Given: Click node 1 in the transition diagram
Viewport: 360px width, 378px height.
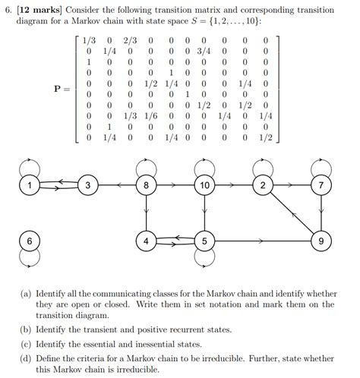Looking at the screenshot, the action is (x=30, y=184).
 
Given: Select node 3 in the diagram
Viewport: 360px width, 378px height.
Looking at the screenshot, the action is (x=88, y=184).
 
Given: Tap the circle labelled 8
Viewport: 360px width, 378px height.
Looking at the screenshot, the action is (x=147, y=184).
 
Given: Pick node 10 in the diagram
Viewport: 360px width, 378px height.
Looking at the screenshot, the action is (x=204, y=184).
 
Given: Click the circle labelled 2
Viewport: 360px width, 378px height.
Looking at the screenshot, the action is (x=264, y=184).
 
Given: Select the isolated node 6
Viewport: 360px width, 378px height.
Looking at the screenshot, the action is (x=30, y=241).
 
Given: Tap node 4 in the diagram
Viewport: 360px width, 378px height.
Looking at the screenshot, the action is (x=147, y=241).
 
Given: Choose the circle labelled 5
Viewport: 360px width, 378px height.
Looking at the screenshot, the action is (x=204, y=241).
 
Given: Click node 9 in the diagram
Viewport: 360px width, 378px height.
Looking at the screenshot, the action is (x=321, y=241).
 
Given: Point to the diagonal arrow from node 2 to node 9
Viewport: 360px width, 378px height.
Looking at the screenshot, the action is (x=292, y=213).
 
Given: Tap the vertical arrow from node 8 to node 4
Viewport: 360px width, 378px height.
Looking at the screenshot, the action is (x=147, y=213).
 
